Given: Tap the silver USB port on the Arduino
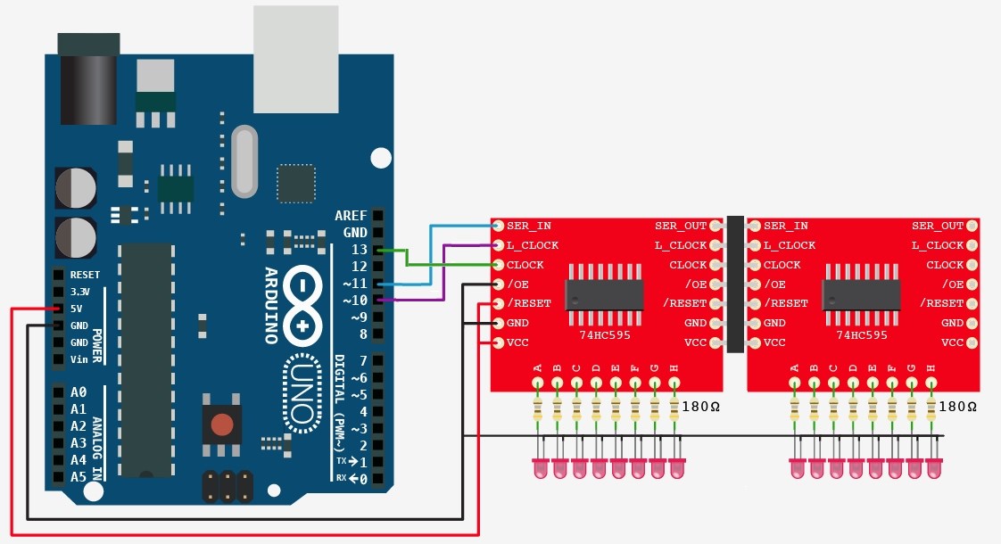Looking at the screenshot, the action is [295, 60].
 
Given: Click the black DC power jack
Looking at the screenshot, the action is [88, 79].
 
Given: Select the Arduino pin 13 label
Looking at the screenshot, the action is [360, 250].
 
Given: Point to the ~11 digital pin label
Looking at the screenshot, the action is [355, 284].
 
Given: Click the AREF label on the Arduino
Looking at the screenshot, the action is [352, 216].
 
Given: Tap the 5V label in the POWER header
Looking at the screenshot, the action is [76, 309].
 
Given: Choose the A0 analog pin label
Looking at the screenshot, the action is [79, 392].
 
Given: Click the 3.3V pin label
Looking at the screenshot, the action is [79, 292].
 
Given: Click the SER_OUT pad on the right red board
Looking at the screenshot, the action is [972, 226].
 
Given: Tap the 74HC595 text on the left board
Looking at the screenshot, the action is [605, 334].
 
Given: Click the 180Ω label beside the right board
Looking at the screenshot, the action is [957, 407].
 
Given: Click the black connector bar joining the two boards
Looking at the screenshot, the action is [735, 284].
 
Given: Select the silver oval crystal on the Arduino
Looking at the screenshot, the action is [244, 161].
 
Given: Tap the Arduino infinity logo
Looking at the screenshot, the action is [302, 304].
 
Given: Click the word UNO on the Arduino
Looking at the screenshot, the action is [302, 394].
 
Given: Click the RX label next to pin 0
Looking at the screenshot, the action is [341, 478].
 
